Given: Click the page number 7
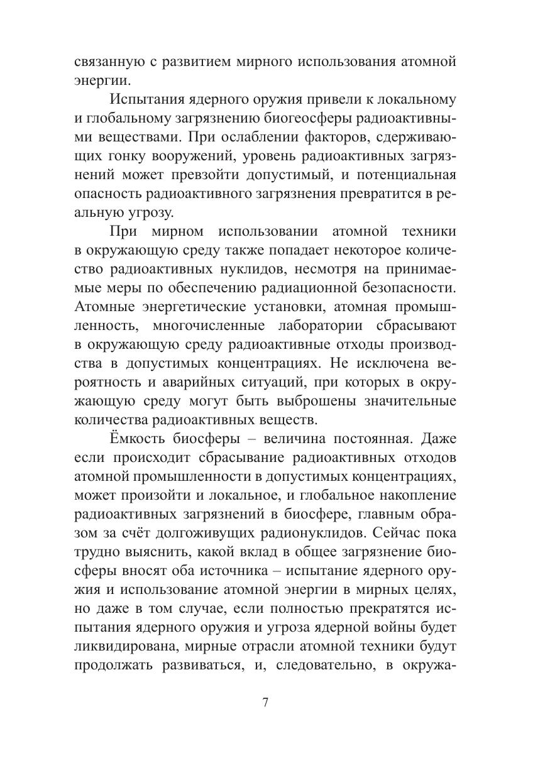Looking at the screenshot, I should pos(266,703).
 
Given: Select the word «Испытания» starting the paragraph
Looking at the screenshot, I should pos(146,99).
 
